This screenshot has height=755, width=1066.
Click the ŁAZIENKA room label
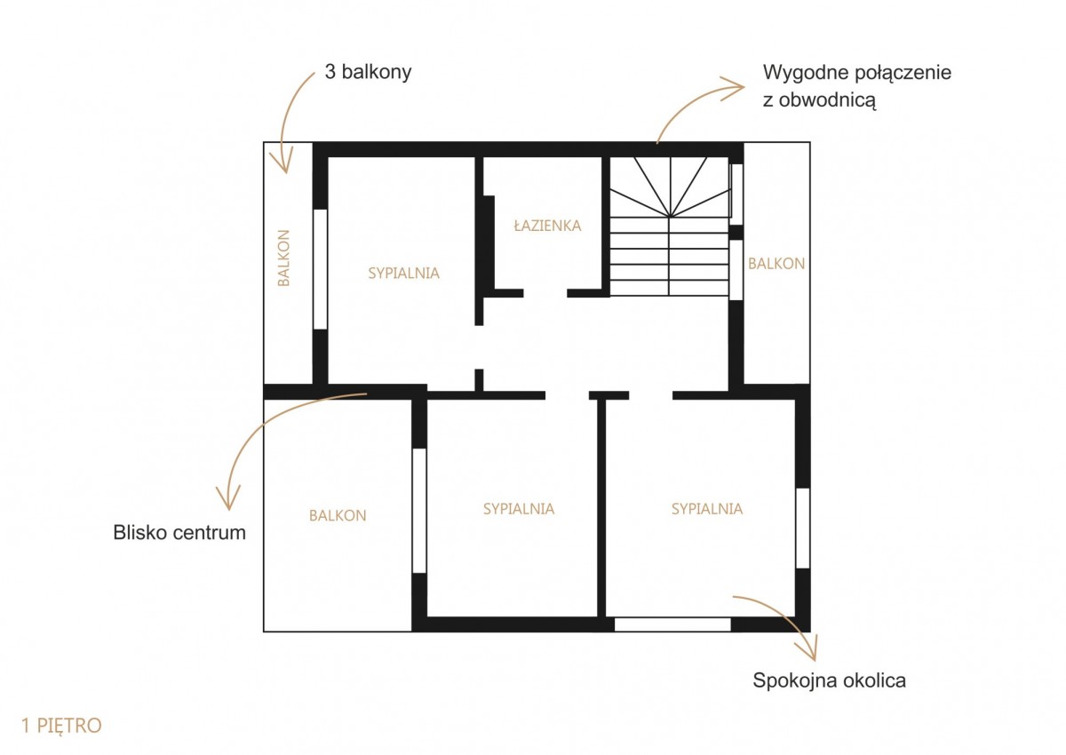[x=547, y=226]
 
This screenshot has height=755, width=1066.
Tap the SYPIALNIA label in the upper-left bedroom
[x=403, y=273]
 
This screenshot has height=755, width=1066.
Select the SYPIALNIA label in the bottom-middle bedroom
[x=519, y=509]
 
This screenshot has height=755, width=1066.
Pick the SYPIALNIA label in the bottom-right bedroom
[x=707, y=509]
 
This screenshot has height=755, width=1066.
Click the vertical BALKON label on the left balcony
[x=283, y=258]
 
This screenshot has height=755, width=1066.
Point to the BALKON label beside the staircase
[x=776, y=264]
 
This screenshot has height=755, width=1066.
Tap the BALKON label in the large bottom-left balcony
[x=338, y=516]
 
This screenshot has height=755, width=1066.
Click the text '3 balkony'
[x=368, y=72]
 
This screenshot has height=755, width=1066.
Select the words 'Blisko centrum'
[x=179, y=533]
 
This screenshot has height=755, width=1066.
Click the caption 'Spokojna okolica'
[x=829, y=680]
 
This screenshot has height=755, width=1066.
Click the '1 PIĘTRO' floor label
[x=61, y=726]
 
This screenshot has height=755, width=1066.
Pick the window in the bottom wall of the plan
[x=672, y=624]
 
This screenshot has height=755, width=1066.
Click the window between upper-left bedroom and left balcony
[x=321, y=269]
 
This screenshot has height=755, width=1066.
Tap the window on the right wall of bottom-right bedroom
[x=803, y=528]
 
